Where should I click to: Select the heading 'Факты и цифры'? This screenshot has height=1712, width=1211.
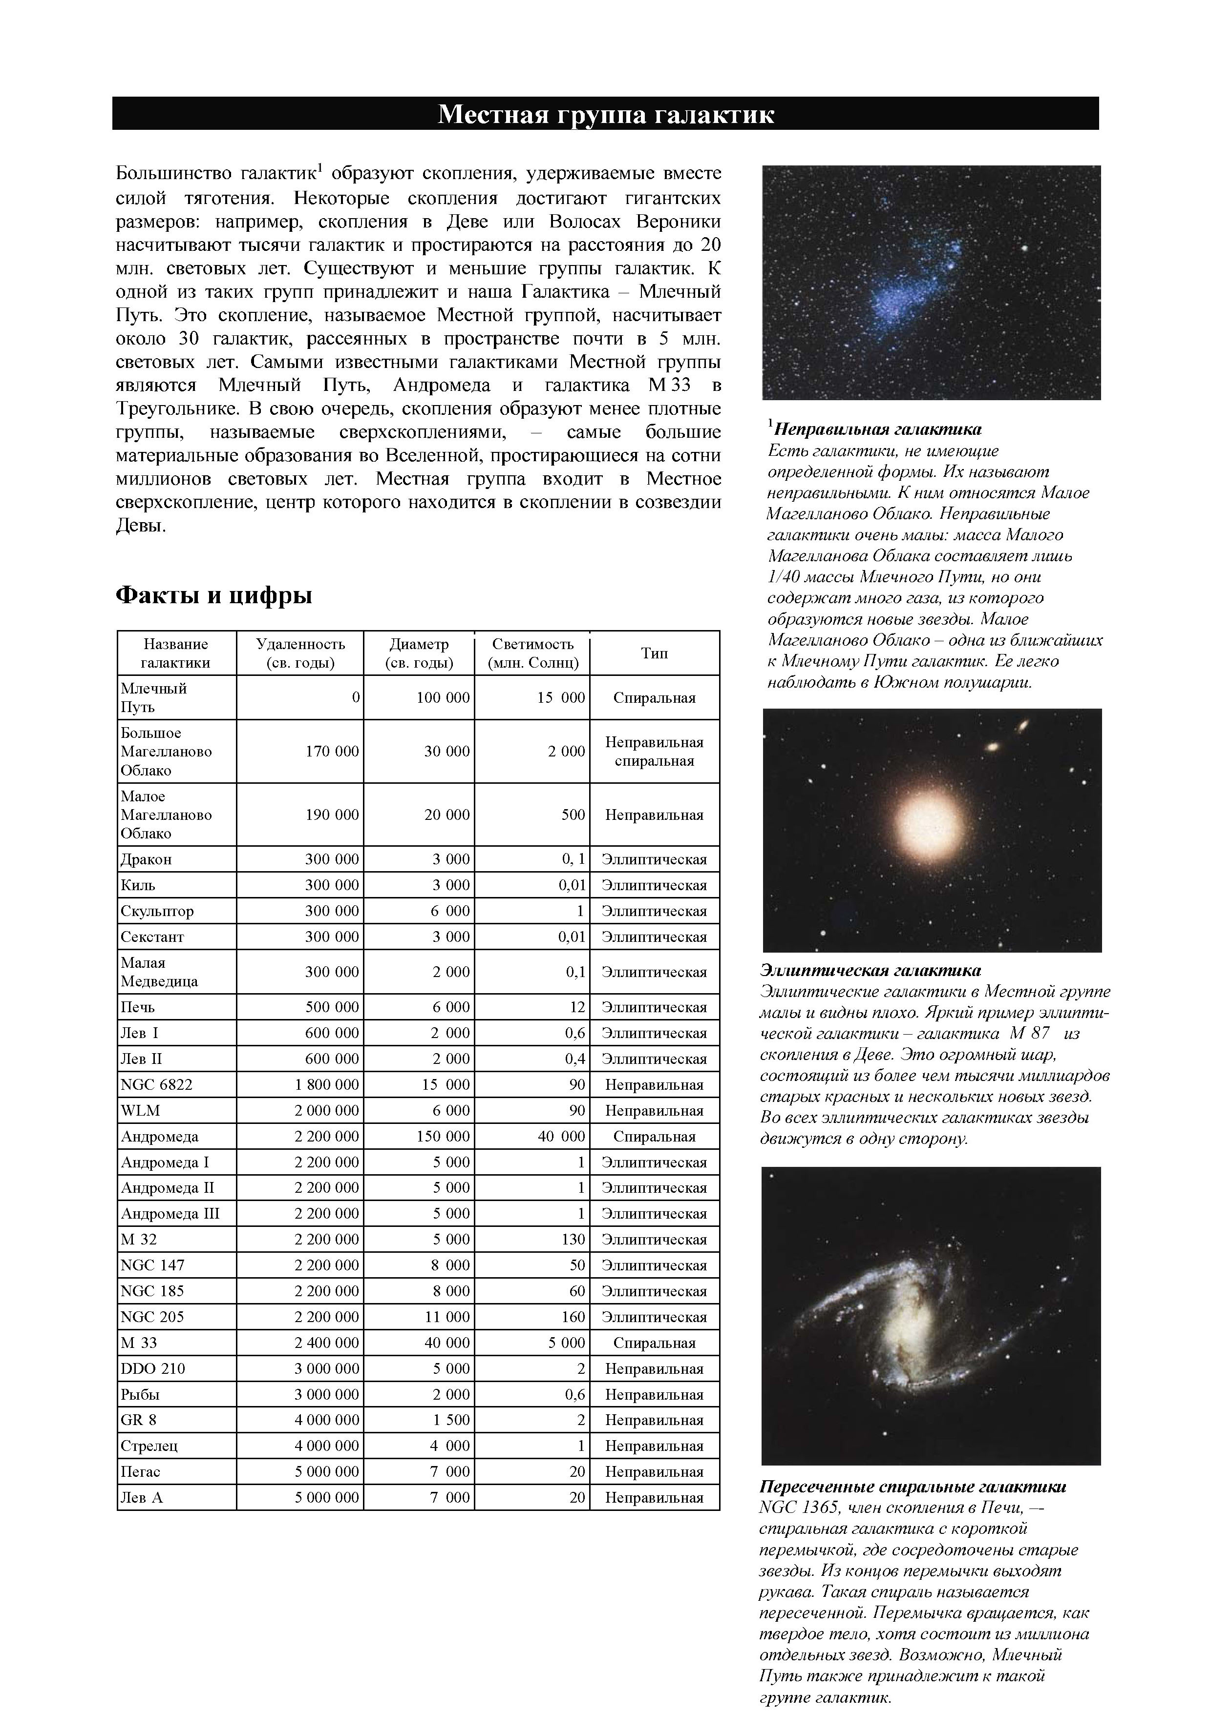(x=213, y=595)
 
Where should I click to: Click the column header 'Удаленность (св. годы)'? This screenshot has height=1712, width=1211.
(x=300, y=653)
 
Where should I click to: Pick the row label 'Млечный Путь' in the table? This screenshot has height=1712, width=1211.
(x=154, y=697)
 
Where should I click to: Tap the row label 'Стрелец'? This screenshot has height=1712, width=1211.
(x=149, y=1446)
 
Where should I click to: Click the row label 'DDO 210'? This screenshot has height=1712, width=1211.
(x=153, y=1368)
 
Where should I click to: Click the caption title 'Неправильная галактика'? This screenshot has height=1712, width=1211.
(x=877, y=429)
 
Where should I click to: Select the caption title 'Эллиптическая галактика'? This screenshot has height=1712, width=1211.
(x=870, y=970)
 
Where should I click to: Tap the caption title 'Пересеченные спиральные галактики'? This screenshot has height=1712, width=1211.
(x=913, y=1487)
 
